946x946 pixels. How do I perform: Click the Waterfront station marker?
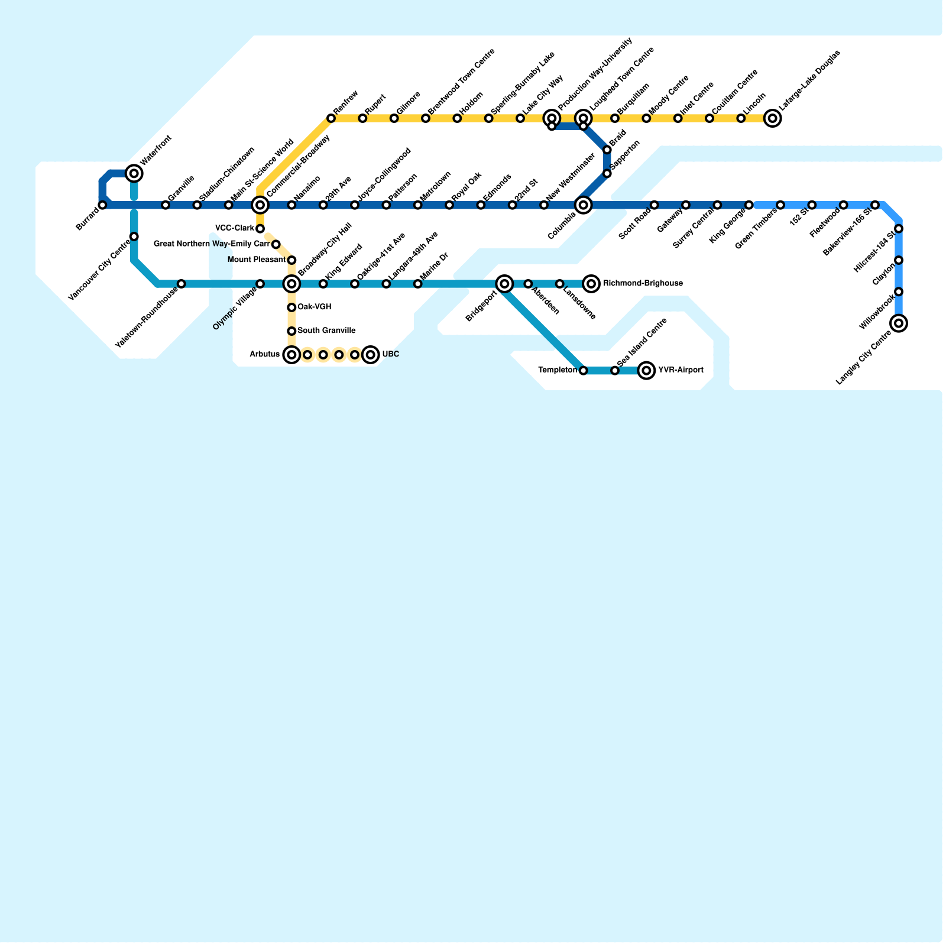[134, 173]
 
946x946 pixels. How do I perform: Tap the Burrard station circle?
[103, 205]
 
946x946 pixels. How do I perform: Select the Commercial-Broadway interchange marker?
[260, 205]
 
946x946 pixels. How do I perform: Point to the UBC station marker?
[370, 355]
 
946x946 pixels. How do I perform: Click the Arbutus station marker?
[291, 355]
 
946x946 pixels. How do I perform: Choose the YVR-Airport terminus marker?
[647, 371]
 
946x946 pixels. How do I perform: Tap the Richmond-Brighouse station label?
[643, 284]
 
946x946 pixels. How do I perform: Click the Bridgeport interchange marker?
[504, 284]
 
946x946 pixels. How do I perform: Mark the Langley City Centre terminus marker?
[899, 323]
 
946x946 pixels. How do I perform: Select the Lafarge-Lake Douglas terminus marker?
[772, 119]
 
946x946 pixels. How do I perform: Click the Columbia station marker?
[584, 205]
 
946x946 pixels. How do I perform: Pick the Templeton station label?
[558, 371]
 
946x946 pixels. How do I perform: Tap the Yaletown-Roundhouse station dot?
[182, 284]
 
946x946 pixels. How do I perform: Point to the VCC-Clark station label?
[235, 228]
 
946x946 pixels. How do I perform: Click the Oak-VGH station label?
[315, 307]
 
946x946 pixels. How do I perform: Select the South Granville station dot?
[291, 331]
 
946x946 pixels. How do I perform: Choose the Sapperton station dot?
[607, 173]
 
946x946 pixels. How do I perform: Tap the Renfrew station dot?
[331, 119]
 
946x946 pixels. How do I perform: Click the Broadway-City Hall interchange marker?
[291, 284]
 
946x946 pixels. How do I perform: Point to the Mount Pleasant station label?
[257, 260]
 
